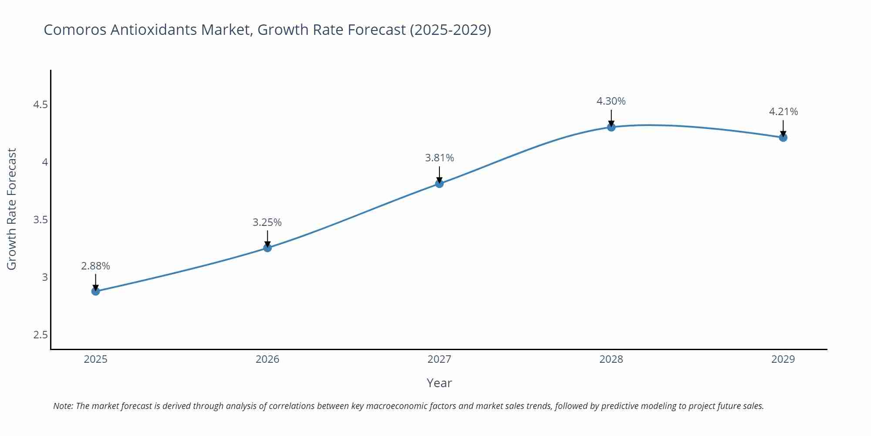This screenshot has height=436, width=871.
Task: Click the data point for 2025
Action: coord(95,291)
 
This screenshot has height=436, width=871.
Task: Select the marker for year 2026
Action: coord(267,248)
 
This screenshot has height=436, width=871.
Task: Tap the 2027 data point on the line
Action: coord(439,184)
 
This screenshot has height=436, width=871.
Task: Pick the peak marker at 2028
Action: coord(611,127)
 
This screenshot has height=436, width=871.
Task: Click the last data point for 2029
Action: coord(783,138)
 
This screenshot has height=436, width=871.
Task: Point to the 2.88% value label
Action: coord(95,266)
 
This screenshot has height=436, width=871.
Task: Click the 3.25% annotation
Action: coord(267,222)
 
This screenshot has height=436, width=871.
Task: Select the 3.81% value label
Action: coord(439,158)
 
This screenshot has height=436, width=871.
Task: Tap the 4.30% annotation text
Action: coord(611,101)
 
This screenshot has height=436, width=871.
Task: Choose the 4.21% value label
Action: coord(783,112)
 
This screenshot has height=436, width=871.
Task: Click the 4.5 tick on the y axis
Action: coord(41,105)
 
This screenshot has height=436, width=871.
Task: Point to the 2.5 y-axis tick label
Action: coord(41,335)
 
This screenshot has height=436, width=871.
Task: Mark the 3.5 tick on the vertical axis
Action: coord(41,220)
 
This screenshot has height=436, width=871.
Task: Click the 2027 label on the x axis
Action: coord(439,359)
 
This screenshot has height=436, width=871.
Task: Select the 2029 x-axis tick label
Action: coord(783,359)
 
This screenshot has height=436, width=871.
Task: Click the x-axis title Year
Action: coord(439,383)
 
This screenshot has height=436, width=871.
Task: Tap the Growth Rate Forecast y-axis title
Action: coord(12,209)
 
